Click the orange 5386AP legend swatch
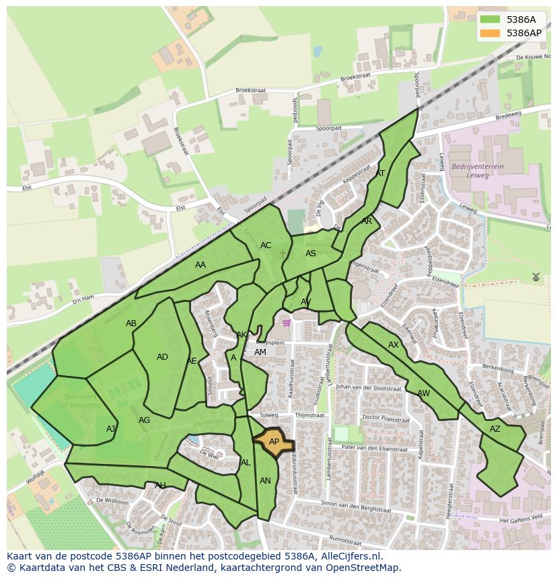[490, 33]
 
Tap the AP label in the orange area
[274, 442]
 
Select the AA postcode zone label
[200, 265]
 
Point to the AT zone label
[380, 173]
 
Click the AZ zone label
[495, 429]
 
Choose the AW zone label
[423, 393]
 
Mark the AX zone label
[394, 345]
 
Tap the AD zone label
[162, 357]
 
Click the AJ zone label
[111, 429]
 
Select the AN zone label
[265, 480]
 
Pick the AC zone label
[266, 245]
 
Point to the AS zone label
[311, 254]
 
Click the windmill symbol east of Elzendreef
[535, 276]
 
